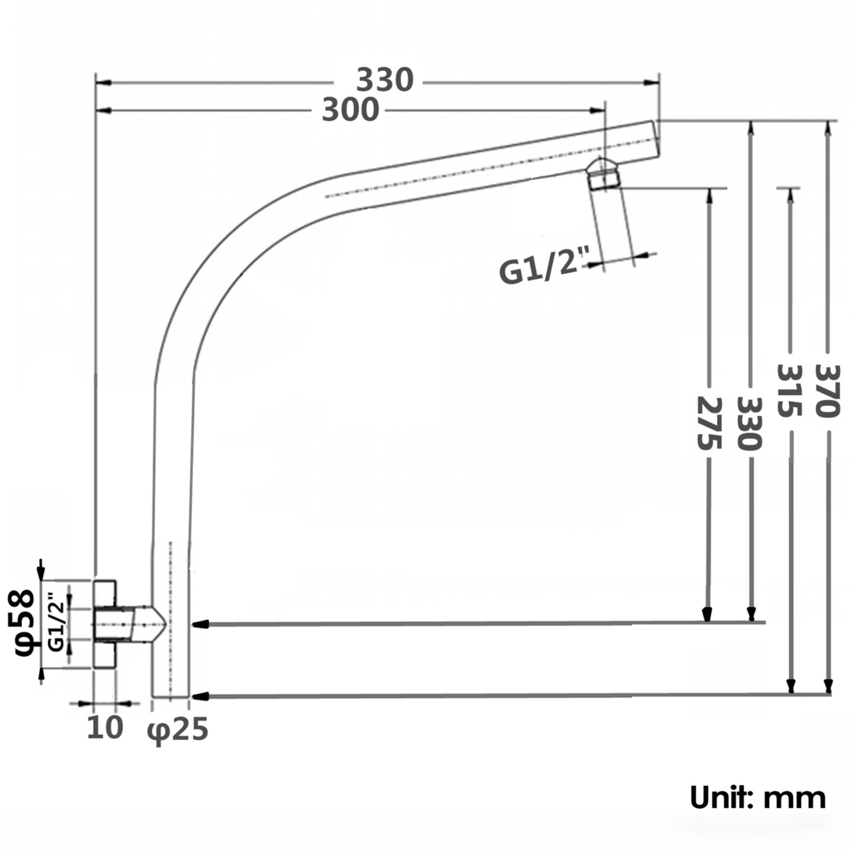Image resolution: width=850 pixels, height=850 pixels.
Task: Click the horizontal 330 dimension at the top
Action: pos(385,81)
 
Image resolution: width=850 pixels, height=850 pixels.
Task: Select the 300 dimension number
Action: pos(351,111)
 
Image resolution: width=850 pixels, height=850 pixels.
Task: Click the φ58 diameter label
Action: pos(25,623)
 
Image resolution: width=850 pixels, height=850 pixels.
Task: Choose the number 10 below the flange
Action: pos(105,728)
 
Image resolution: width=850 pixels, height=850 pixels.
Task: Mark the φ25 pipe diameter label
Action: pos(178,730)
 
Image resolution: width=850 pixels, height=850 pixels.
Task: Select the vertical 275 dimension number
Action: pos(708,423)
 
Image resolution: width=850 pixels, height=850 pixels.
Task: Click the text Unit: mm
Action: pos(758,798)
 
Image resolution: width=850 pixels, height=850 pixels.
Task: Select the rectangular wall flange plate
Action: pos(105,624)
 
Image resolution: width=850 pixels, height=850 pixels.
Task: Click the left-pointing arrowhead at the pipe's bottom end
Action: pos(201,696)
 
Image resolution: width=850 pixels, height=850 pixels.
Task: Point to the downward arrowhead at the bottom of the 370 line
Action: pos(828,686)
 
